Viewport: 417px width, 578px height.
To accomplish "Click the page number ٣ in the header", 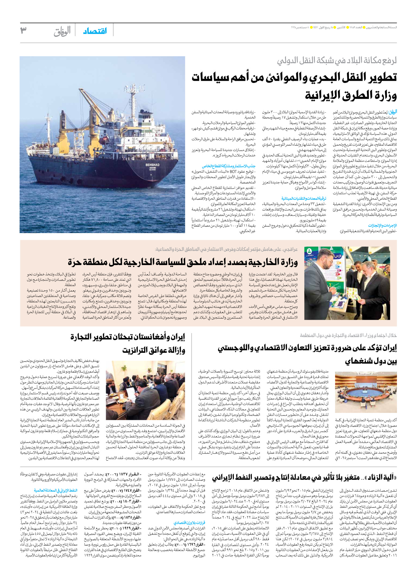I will click(23, 30).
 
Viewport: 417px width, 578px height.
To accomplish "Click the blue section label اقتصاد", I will click(95, 31).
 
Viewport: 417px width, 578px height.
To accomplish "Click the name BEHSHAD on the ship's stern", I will click(152, 165).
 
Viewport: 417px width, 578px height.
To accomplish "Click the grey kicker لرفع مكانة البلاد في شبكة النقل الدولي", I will click(337, 61).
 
